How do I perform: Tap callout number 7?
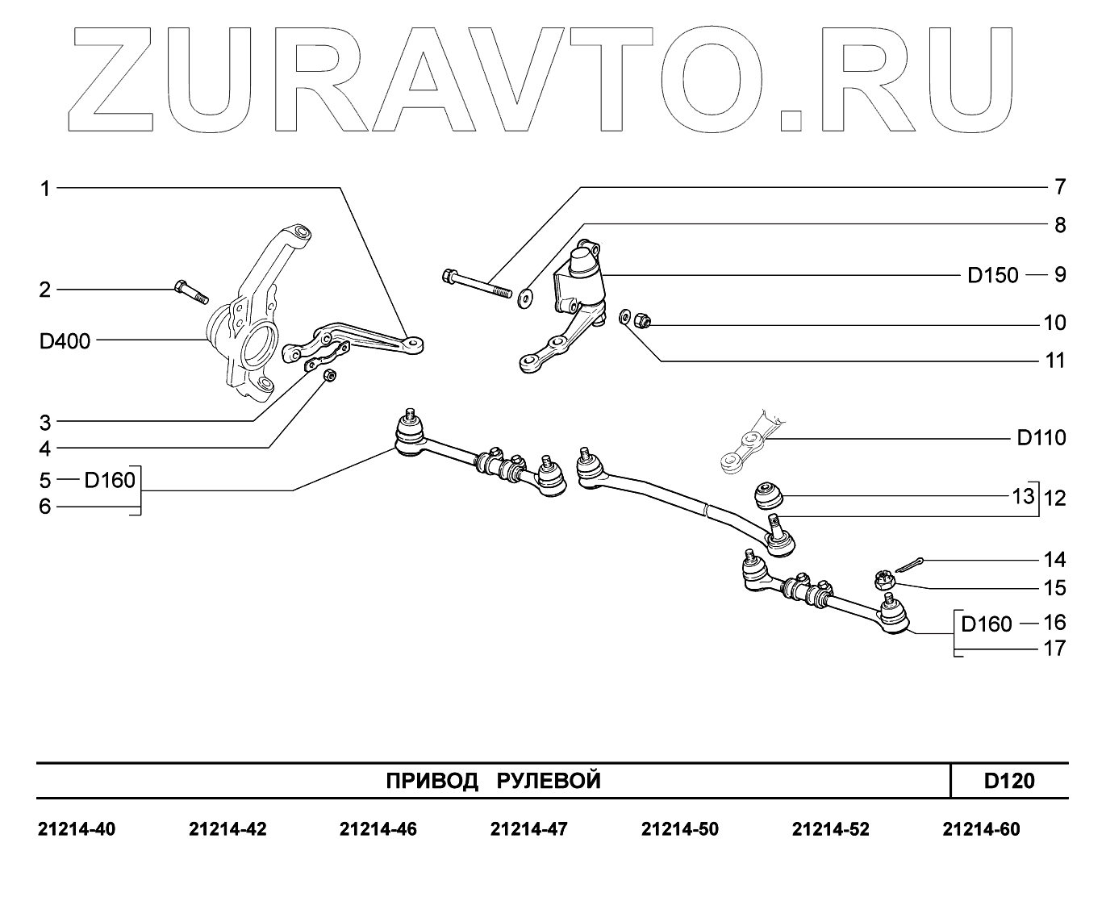tap(1060, 187)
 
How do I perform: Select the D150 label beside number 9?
tap(993, 275)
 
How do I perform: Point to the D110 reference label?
tap(1041, 438)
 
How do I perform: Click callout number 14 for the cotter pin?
tap(1054, 560)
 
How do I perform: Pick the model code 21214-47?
tap(528, 829)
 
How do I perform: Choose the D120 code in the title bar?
tap(1008, 781)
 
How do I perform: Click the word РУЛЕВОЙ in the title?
tap(548, 781)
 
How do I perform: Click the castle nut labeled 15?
tap(884, 580)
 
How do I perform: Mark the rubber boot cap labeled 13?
tap(767, 494)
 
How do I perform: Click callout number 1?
tap(45, 189)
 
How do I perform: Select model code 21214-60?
tap(981, 829)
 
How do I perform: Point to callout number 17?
tap(1054, 648)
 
